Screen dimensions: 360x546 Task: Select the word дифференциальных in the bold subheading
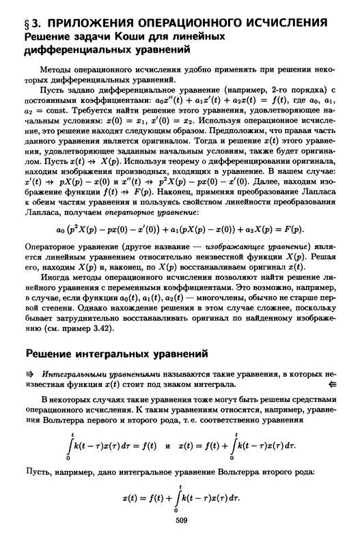click(x=76, y=49)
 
